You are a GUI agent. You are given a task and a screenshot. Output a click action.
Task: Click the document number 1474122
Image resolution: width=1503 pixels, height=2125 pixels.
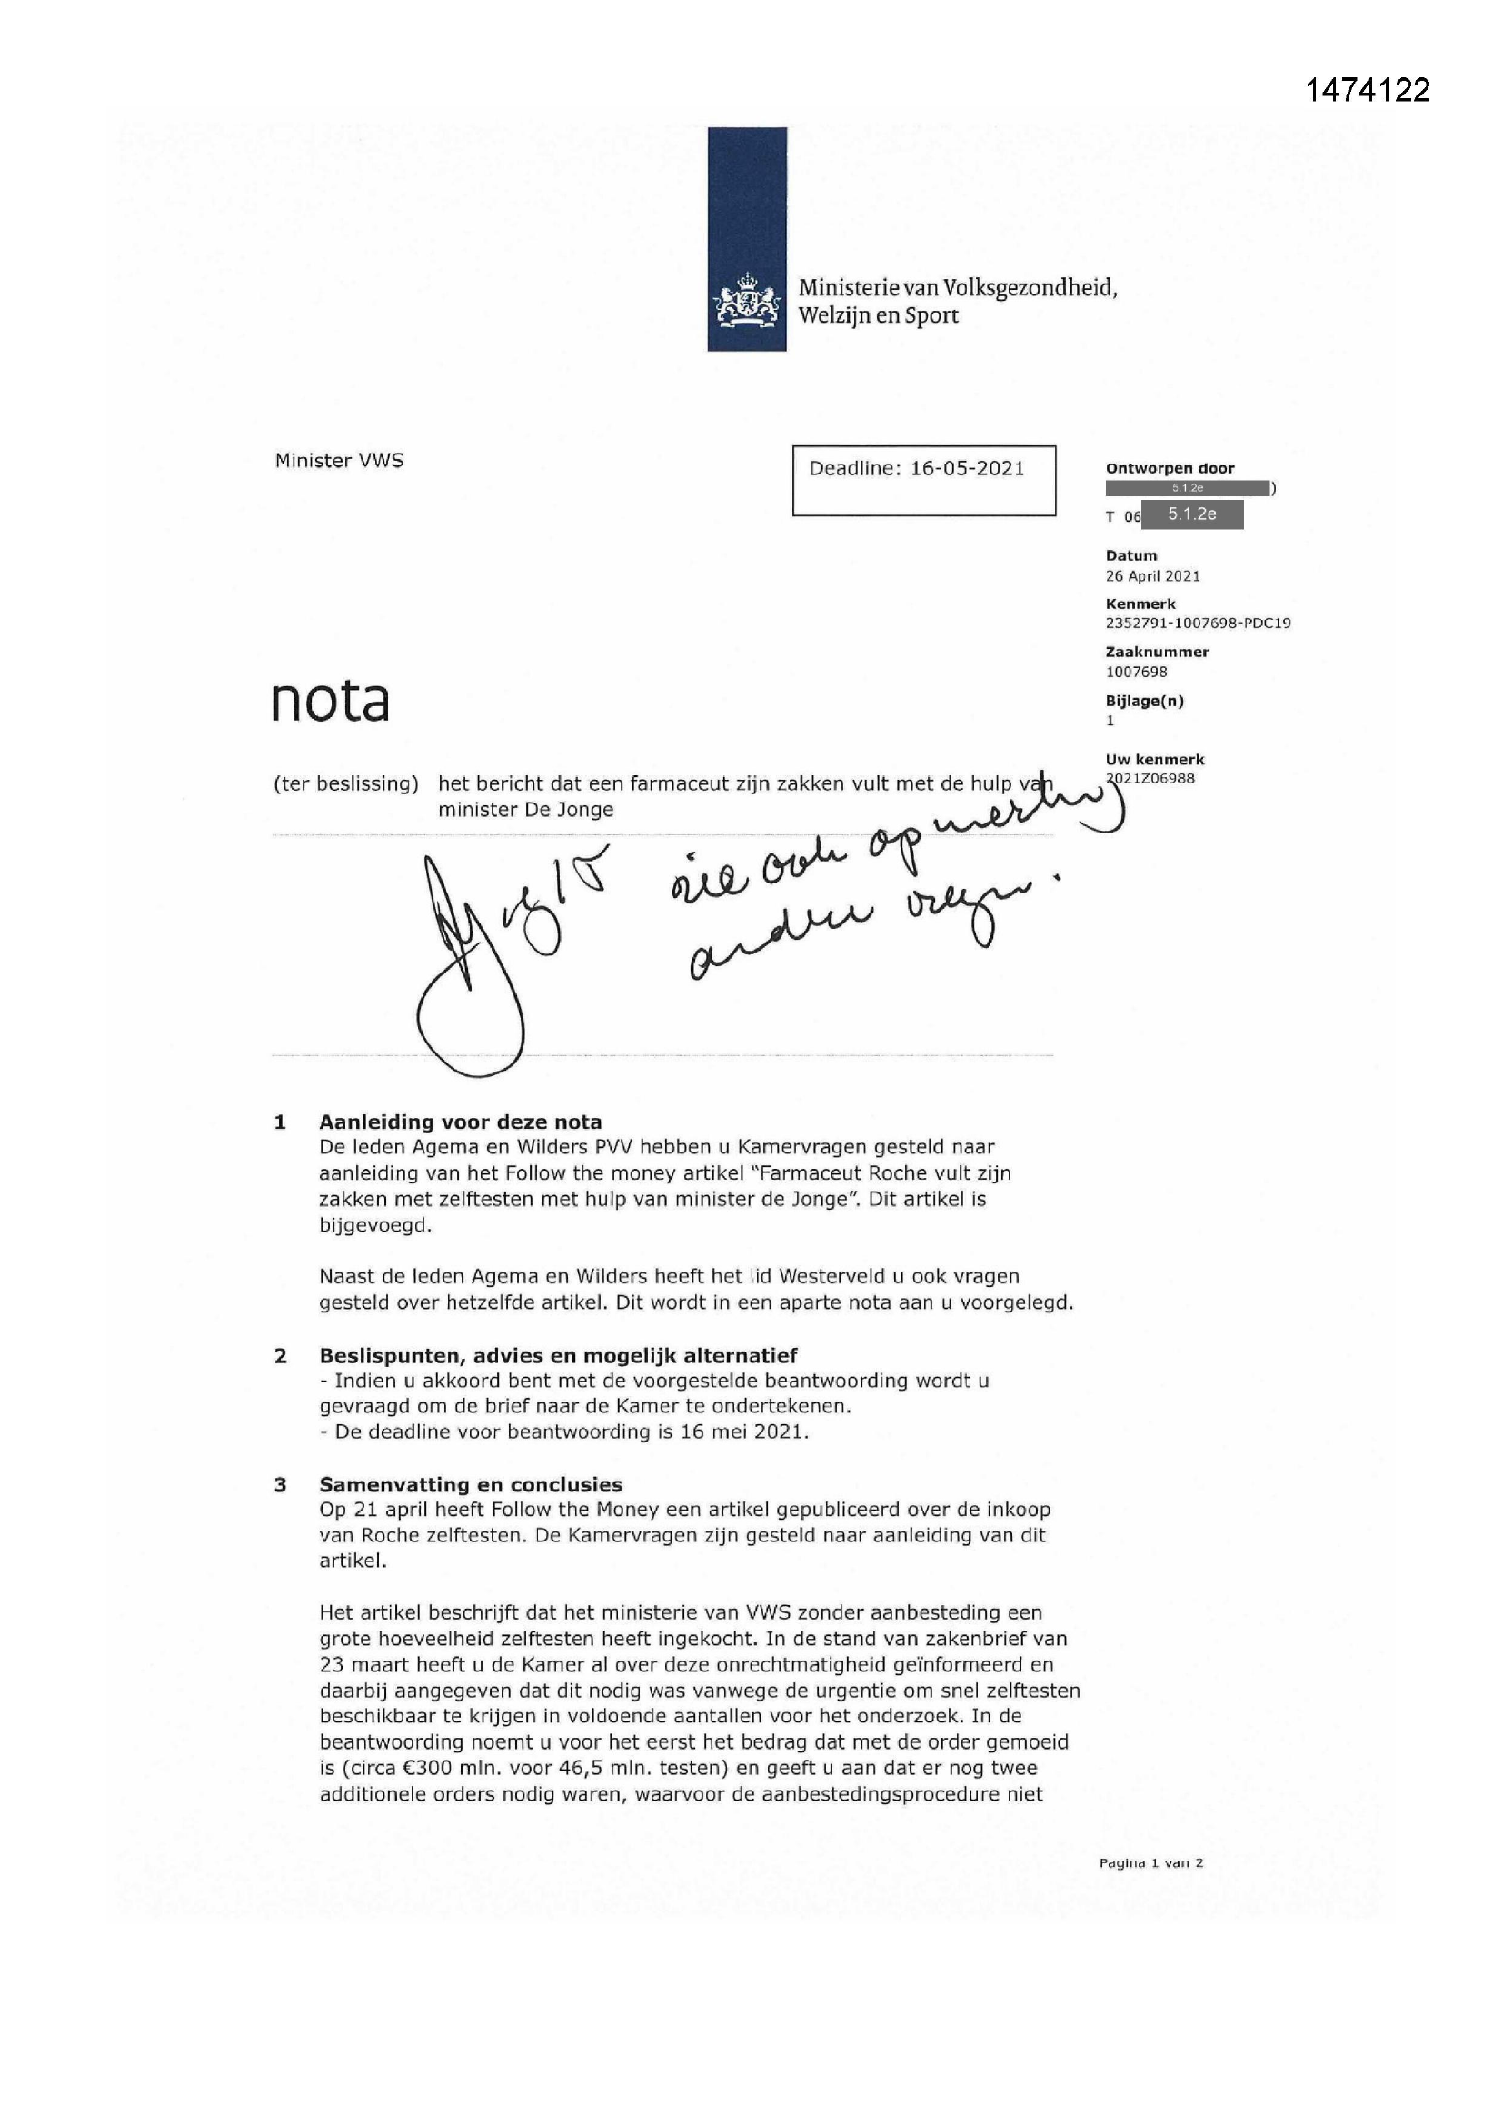(1367, 90)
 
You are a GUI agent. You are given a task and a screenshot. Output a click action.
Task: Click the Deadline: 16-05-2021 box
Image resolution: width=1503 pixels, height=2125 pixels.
(922, 480)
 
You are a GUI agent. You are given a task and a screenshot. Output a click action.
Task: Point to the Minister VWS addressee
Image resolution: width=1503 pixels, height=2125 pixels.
(339, 461)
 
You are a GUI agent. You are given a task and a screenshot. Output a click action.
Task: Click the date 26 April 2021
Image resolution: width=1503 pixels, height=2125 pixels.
(1152, 575)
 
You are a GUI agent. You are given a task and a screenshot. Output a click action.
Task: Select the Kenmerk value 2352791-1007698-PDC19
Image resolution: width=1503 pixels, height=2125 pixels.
(1198, 623)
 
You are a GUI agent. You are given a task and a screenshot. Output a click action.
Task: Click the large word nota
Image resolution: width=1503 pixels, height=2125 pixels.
(331, 702)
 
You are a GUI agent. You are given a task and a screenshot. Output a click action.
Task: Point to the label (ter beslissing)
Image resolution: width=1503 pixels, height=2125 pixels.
(345, 783)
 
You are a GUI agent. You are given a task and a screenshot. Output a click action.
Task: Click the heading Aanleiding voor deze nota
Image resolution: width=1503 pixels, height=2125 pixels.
(460, 1122)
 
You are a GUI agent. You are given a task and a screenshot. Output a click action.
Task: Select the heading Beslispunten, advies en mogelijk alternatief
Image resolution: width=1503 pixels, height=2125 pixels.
(557, 1356)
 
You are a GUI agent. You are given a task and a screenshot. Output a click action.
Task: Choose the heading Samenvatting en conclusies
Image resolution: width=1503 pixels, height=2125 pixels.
(470, 1484)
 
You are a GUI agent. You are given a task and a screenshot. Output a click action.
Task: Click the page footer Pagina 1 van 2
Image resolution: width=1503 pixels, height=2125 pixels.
(1150, 1863)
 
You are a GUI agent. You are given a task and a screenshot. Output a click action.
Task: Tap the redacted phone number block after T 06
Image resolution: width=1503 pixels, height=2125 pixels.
(1192, 514)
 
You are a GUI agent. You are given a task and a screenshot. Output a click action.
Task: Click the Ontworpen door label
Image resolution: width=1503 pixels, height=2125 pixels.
(1169, 468)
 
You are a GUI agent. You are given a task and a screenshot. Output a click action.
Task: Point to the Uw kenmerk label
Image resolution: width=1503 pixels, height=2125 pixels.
(1155, 759)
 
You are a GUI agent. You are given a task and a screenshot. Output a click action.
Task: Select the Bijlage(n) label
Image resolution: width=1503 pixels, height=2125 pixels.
(1144, 701)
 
